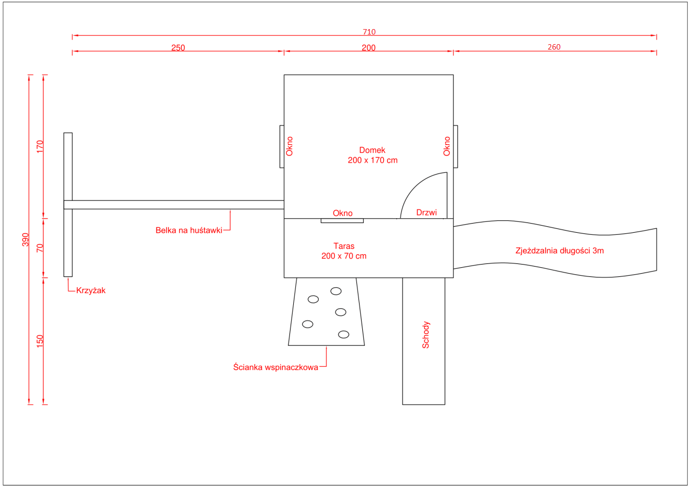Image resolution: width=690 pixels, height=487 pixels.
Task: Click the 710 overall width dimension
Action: point(369,32)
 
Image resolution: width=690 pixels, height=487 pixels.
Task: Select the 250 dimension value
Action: point(178,48)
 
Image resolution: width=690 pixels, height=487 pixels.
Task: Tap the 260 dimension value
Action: point(554,47)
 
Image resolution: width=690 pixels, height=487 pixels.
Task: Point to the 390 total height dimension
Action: point(25,240)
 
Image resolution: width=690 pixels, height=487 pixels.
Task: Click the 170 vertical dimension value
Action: point(40,147)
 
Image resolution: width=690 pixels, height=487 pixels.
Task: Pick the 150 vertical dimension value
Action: point(40,342)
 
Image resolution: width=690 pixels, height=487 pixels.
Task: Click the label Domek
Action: point(372,150)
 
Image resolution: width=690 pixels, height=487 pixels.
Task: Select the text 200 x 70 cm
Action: point(344,256)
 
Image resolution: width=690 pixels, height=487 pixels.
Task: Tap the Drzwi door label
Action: point(426,212)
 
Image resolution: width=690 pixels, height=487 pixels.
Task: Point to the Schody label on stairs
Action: point(425,335)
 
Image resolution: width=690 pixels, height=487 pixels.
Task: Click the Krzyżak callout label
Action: point(91,290)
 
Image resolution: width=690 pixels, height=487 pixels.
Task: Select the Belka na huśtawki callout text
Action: point(189,230)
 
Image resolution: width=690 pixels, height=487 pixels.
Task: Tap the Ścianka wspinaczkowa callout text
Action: point(275,367)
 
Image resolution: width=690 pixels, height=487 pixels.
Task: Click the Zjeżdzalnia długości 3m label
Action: point(560,251)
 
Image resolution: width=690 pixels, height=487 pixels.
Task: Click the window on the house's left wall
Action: point(282,147)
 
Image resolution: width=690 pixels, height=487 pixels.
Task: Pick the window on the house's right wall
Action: point(456,147)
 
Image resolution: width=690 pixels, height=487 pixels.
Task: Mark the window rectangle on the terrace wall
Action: point(342,221)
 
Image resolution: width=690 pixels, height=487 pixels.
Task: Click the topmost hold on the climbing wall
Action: point(336,291)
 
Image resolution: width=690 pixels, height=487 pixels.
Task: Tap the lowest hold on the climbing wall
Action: point(343,335)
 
